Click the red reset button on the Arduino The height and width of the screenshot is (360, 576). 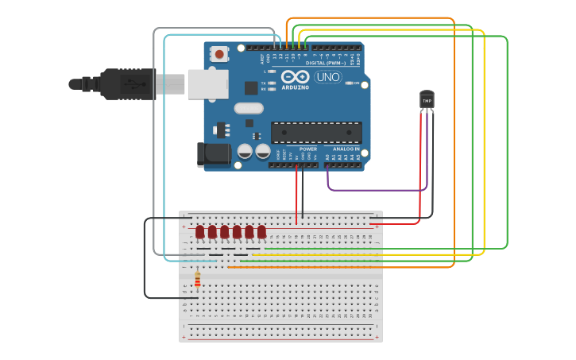tap(218, 54)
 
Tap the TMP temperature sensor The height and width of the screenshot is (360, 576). tap(427, 100)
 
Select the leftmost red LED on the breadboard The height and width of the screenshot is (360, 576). tap(200, 231)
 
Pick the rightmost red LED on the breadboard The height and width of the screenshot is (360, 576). tap(261, 231)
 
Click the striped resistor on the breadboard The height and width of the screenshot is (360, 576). tap(197, 280)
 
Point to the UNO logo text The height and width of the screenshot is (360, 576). tap(328, 77)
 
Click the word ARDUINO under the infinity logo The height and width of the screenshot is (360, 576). tap(296, 87)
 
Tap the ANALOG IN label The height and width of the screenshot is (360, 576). tap(346, 149)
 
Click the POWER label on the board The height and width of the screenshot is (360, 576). tap(308, 149)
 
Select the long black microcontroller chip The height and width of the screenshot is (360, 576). tap(316, 133)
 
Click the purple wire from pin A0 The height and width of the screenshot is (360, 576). tap(377, 190)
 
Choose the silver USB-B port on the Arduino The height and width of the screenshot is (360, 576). tap(208, 83)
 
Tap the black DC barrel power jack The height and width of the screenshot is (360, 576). tap(214, 154)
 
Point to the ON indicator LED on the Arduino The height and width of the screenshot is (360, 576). tap(348, 83)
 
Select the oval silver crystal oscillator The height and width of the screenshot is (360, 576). tap(249, 108)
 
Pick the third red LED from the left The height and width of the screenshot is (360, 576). tap(225, 231)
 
